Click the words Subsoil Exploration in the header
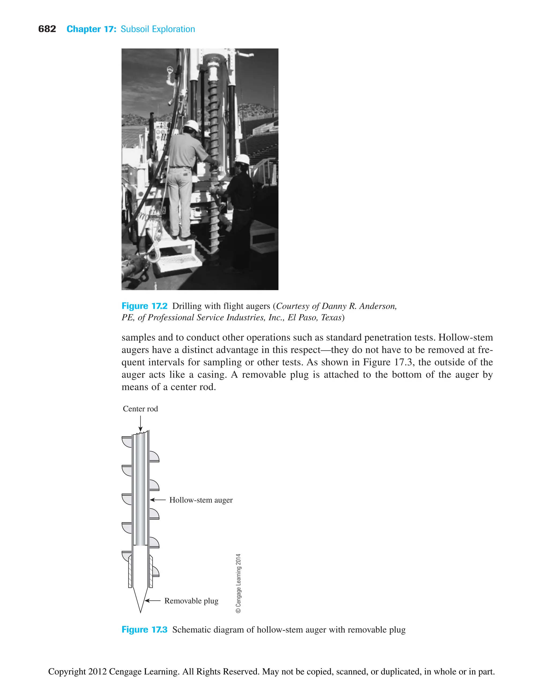pyautogui.click(x=158, y=29)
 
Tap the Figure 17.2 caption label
pyautogui.click(x=144, y=306)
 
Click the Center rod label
pyautogui.click(x=140, y=409)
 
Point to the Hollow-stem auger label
pyautogui.click(x=201, y=500)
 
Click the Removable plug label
pyautogui.click(x=191, y=601)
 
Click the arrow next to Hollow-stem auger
pyautogui.click(x=158, y=500)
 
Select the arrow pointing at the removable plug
pyautogui.click(x=153, y=600)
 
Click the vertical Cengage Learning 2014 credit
pyautogui.click(x=239, y=583)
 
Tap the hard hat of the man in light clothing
pyautogui.click(x=192, y=125)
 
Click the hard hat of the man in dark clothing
pyautogui.click(x=243, y=159)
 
